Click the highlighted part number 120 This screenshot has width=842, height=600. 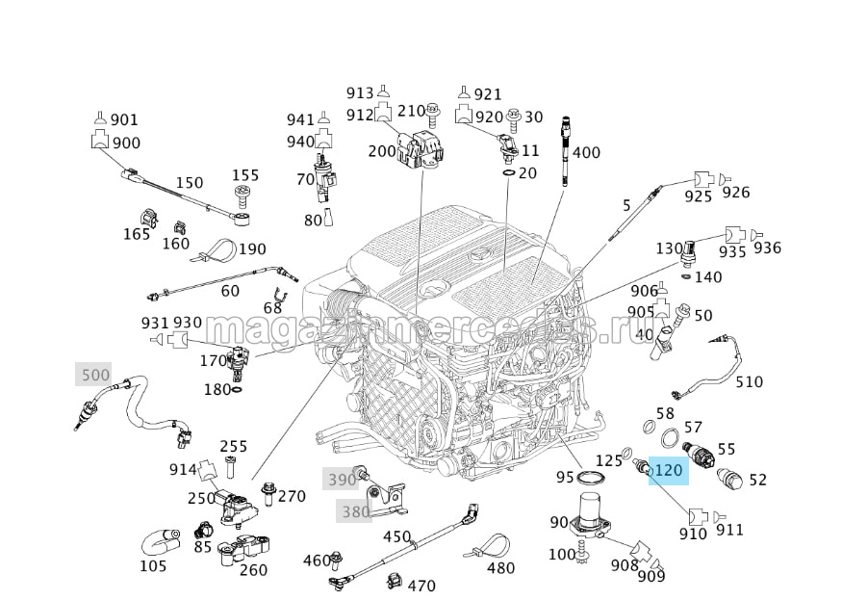(x=667, y=471)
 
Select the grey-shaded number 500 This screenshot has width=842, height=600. (x=95, y=375)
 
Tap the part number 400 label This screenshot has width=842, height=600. (x=586, y=153)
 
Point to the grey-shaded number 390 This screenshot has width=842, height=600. (x=342, y=480)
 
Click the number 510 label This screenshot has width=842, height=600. (x=749, y=381)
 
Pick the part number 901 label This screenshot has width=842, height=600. (x=124, y=120)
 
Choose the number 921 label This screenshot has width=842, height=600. (x=488, y=93)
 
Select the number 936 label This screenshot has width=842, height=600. (x=768, y=248)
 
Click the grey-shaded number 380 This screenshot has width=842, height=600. (x=355, y=511)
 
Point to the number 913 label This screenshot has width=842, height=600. (x=360, y=93)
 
